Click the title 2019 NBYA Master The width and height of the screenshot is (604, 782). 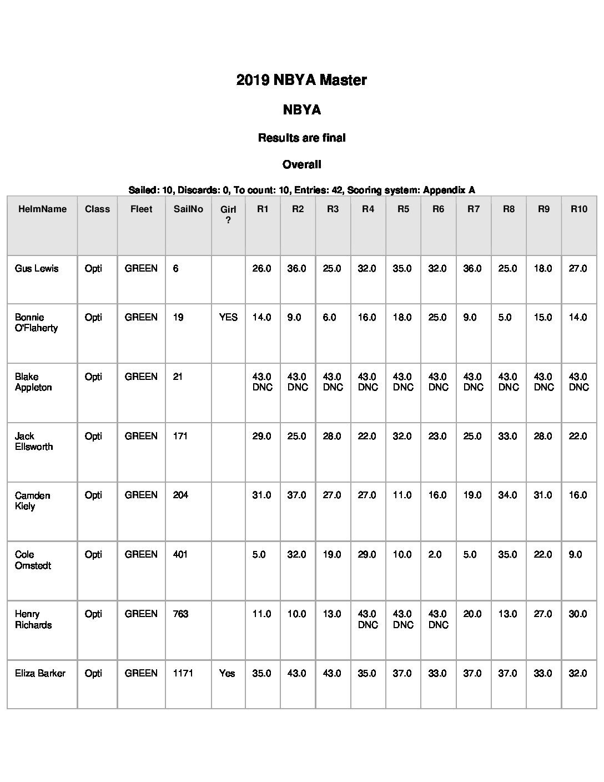pos(301,80)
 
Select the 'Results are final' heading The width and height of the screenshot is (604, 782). pos(301,138)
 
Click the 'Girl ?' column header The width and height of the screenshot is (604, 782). pos(228,214)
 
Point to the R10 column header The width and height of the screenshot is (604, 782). pos(578,209)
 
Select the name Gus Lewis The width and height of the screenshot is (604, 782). pos(37,268)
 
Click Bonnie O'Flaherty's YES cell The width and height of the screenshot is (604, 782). pos(228,317)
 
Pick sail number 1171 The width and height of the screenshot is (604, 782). pos(183,673)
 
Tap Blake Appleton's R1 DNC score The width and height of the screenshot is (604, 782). pos(262,382)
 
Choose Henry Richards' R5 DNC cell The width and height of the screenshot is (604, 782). pos(402,619)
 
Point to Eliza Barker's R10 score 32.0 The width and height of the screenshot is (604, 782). pos(578,673)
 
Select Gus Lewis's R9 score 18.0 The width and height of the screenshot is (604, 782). pos(543,268)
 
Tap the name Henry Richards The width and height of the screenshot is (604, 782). pos(33,619)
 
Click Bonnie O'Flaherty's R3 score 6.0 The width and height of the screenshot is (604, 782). pos(329,317)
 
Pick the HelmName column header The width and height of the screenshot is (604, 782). pos(42,209)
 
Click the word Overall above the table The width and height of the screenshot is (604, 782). pos(301,164)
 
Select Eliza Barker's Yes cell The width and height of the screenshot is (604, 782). pos(227,673)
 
